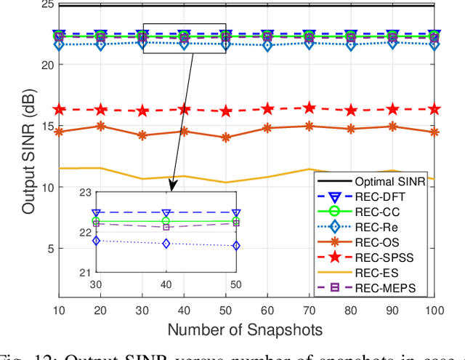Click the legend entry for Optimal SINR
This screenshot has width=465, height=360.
pyautogui.click(x=385, y=180)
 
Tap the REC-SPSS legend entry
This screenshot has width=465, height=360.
pyautogui.click(x=385, y=256)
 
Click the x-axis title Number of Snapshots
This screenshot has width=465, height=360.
pyautogui.click(x=246, y=329)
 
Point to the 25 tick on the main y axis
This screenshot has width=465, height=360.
pyautogui.click(x=46, y=4)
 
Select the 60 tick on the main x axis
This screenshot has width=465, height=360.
pyautogui.click(x=267, y=309)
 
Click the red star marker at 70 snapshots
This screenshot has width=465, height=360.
pyautogui.click(x=310, y=108)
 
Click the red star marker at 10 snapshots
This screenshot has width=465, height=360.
pyautogui.click(x=60, y=109)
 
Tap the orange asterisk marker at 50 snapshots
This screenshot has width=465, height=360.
pyautogui.click(x=226, y=137)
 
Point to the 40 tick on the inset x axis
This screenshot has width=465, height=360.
pyautogui.click(x=166, y=284)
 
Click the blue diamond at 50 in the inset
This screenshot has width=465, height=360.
pyautogui.click(x=236, y=246)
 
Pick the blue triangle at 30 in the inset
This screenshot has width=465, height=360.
pyautogui.click(x=96, y=213)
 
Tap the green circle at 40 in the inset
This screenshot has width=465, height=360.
pyautogui.click(x=166, y=221)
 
